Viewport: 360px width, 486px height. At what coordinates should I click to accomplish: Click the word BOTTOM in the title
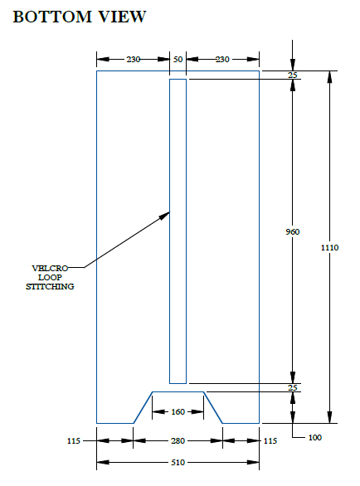(x=52, y=17)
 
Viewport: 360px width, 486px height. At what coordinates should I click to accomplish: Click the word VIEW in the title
(x=122, y=17)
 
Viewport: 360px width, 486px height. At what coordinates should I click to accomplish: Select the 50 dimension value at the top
(x=178, y=59)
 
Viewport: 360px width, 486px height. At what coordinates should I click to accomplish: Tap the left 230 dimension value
(x=134, y=59)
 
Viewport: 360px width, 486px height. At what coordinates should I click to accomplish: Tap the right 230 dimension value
(x=222, y=59)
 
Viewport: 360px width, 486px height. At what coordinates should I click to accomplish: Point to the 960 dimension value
(x=293, y=231)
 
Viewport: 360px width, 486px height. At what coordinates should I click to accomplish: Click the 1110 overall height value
(x=329, y=247)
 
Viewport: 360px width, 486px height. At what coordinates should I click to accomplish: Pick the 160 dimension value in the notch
(x=178, y=411)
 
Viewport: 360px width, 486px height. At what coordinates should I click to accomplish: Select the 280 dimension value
(x=178, y=440)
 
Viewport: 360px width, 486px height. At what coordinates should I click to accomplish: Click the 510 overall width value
(x=178, y=462)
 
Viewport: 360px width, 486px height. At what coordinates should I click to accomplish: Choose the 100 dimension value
(x=315, y=437)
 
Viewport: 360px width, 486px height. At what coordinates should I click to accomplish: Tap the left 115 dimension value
(x=74, y=440)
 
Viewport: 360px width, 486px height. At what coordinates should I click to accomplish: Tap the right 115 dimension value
(x=270, y=440)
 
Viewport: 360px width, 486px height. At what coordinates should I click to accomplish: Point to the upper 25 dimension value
(x=293, y=75)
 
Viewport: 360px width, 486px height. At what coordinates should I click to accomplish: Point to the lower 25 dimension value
(x=293, y=387)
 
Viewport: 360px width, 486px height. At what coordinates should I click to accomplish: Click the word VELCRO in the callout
(x=50, y=268)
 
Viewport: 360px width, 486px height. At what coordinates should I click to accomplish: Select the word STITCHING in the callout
(x=50, y=286)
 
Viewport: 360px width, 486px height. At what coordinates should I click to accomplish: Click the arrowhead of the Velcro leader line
(x=164, y=216)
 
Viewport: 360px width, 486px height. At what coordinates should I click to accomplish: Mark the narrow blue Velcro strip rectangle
(x=169, y=231)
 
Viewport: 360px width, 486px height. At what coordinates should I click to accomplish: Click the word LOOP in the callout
(x=50, y=277)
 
